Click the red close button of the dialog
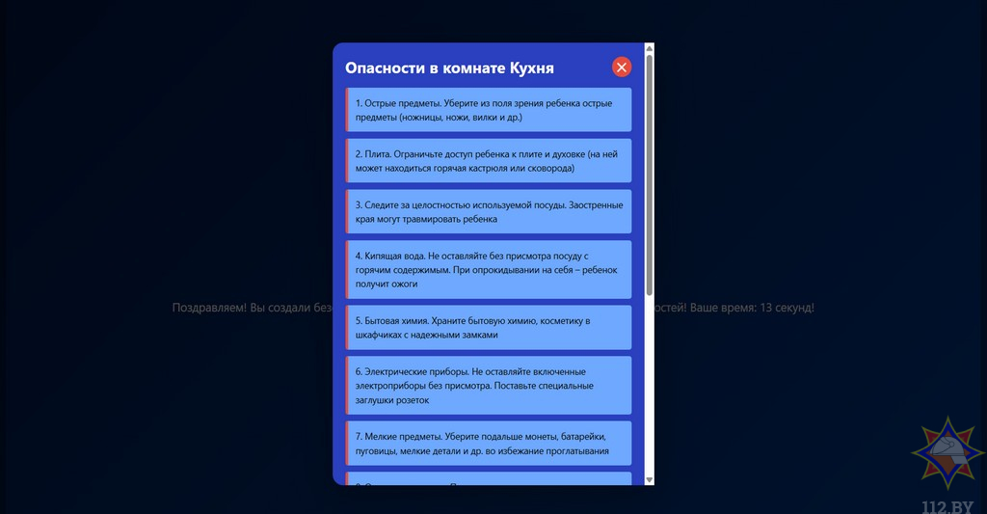pyautogui.click(x=622, y=67)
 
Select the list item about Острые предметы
pyautogui.click(x=489, y=109)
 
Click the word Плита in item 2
pyautogui.click(x=377, y=153)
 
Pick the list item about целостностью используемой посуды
pyautogui.click(x=489, y=211)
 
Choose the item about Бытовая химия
pyautogui.click(x=489, y=327)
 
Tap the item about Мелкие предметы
pyautogui.click(x=489, y=443)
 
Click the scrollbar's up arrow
pyautogui.click(x=650, y=47)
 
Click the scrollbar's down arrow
pyautogui.click(x=650, y=479)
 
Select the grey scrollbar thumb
pyautogui.click(x=650, y=174)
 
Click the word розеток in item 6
pyautogui.click(x=410, y=400)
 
